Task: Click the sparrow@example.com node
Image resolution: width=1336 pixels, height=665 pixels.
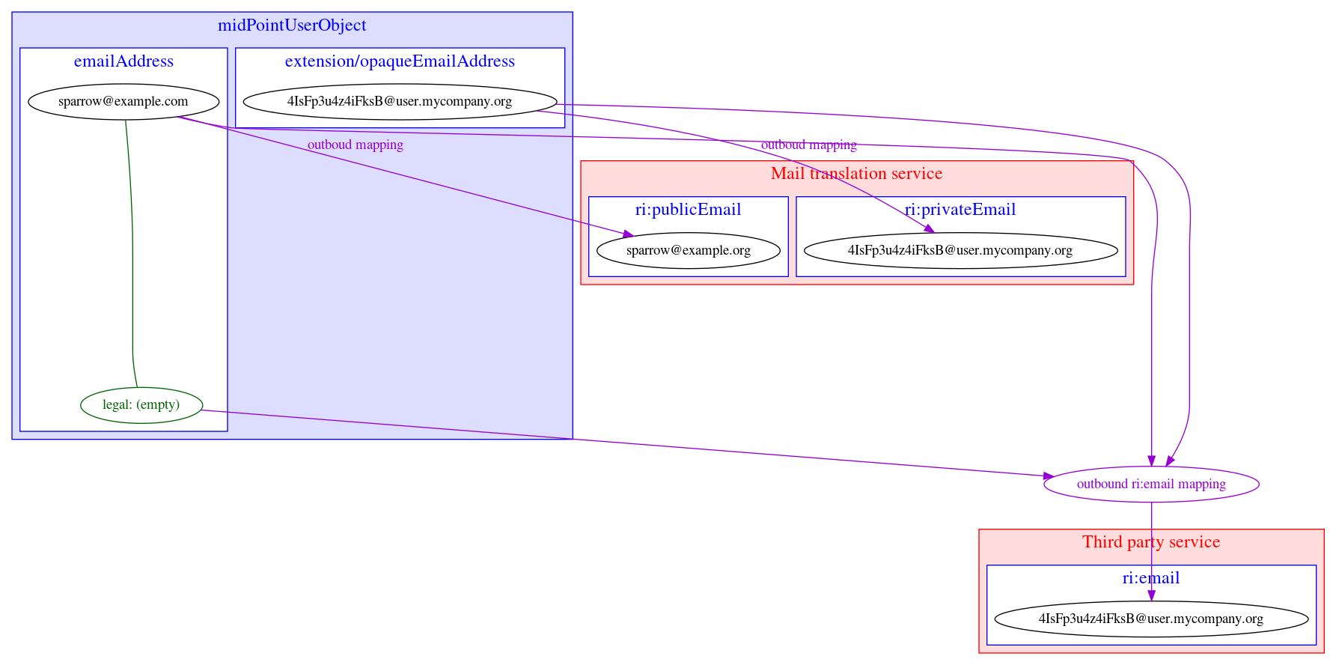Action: coord(123,101)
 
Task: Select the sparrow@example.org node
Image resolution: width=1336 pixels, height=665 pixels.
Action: coord(688,250)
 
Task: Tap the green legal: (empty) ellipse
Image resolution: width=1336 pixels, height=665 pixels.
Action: coord(141,405)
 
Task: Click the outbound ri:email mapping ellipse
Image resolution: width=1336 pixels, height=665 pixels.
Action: coord(1150,484)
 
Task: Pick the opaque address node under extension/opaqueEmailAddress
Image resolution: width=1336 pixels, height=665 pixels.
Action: coord(400,101)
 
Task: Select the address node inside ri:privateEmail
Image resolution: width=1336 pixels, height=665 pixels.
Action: coord(960,250)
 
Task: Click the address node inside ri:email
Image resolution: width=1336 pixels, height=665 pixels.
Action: coord(1150,619)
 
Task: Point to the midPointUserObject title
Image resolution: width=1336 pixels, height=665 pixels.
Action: coord(292,25)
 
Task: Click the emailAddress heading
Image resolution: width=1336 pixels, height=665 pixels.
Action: coord(123,61)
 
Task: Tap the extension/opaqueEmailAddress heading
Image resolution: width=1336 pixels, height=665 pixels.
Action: coord(400,61)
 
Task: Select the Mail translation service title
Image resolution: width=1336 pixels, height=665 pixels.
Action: coord(856,174)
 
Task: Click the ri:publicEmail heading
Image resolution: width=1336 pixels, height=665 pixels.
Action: coord(688,210)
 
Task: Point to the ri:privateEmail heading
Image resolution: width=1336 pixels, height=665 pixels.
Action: coord(960,210)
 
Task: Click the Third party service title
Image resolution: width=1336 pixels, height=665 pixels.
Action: coord(1150,542)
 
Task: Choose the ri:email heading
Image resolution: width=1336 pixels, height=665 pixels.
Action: coord(1150,578)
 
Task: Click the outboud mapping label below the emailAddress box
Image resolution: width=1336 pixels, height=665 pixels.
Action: coord(355,145)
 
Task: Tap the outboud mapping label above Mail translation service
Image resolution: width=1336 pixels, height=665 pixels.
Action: coord(808,145)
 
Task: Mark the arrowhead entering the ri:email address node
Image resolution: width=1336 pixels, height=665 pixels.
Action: coord(1151,595)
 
